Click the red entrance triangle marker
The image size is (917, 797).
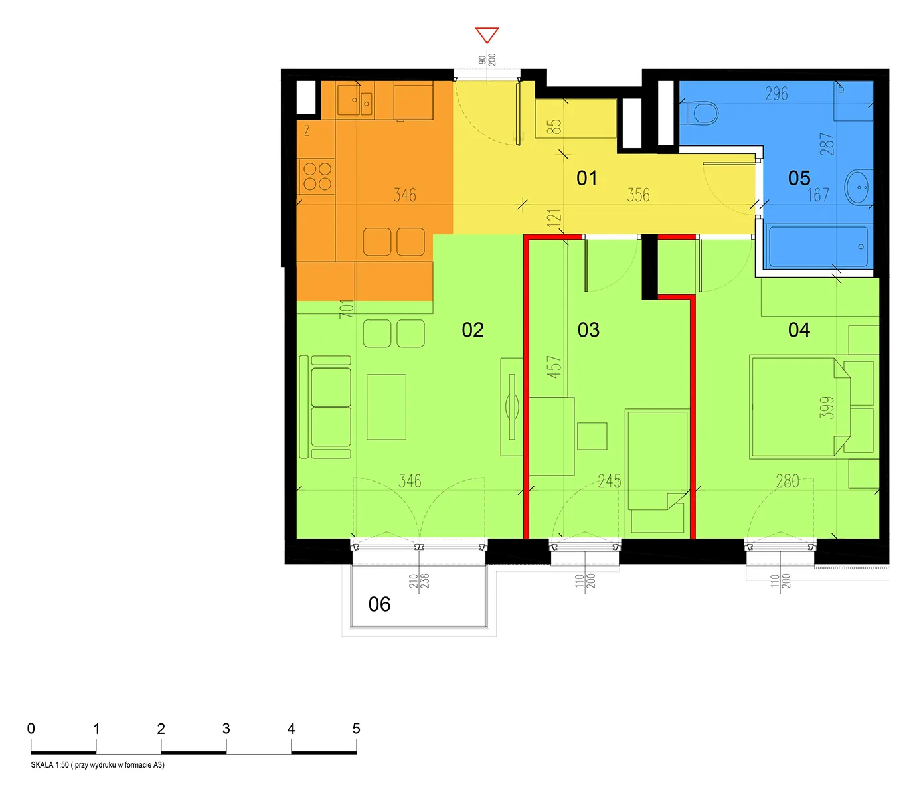(x=487, y=35)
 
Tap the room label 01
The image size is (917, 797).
(x=586, y=178)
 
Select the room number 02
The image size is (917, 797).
(x=472, y=330)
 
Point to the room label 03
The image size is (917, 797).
(x=588, y=330)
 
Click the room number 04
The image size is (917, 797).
(x=799, y=330)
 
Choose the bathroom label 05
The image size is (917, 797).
(x=799, y=178)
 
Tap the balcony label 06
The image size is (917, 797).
(x=379, y=604)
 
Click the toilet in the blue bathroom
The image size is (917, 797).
(x=699, y=113)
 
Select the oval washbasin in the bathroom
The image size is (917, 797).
(x=859, y=187)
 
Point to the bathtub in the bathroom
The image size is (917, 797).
(x=817, y=246)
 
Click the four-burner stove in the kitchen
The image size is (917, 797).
(x=317, y=177)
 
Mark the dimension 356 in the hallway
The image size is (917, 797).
(x=637, y=195)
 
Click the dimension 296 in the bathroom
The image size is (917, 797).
(x=776, y=94)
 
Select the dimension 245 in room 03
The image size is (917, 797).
(x=610, y=481)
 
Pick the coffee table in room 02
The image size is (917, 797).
(x=386, y=407)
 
